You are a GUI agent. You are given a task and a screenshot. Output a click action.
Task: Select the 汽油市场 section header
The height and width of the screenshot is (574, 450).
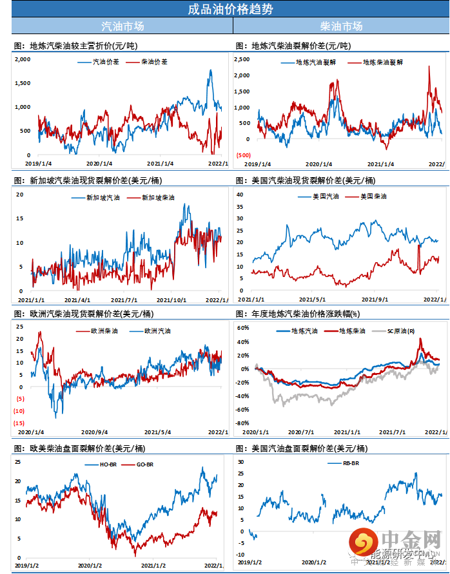[122, 26]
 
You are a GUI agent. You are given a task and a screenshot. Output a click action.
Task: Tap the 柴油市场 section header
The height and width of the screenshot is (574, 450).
[341, 26]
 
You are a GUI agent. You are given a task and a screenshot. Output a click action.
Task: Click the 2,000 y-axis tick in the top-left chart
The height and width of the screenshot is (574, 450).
[23, 59]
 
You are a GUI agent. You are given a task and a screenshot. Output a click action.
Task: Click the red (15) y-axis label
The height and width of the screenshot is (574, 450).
[19, 423]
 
